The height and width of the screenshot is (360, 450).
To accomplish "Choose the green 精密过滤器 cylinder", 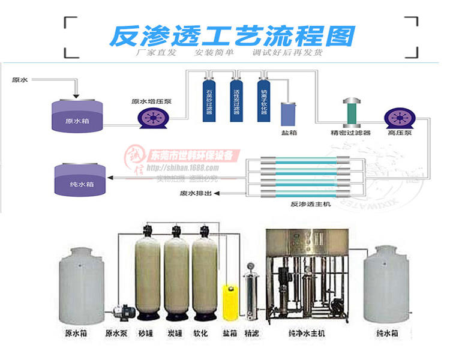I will [x=350, y=111].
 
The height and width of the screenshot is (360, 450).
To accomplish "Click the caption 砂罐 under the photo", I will [x=145, y=332].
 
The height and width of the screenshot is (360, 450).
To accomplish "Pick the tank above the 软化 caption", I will [x=204, y=273].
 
